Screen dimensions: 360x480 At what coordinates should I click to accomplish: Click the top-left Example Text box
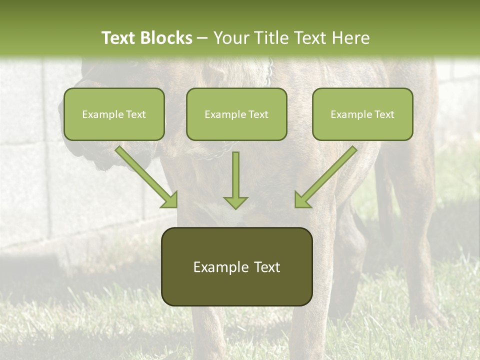point(114,114)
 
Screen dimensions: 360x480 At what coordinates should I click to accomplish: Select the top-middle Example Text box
point(236,114)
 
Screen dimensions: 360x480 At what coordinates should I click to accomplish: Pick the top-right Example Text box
point(362,114)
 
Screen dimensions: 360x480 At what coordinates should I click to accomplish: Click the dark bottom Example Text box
point(236,267)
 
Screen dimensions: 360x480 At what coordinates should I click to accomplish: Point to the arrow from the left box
point(145,175)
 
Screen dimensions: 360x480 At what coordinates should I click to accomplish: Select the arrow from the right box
point(327,175)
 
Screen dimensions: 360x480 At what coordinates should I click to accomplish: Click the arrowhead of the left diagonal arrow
point(170,200)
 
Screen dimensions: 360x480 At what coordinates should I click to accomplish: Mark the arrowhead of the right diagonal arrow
point(302,200)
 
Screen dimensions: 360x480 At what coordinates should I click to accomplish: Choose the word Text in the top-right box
point(384,114)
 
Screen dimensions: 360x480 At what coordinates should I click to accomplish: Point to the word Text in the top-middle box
point(258,114)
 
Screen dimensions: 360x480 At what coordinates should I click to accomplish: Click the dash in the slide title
point(202,38)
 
